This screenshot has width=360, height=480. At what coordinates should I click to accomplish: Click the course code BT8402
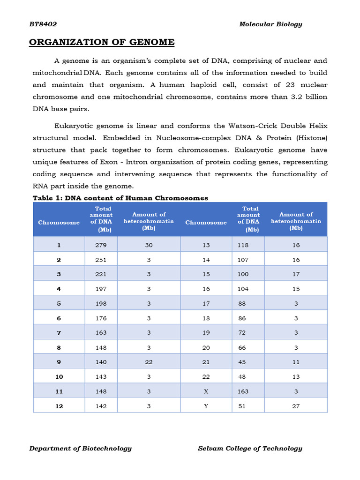(x=43, y=24)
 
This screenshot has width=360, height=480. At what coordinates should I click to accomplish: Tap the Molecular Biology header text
(x=270, y=24)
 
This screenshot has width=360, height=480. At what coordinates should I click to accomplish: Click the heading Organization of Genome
(x=102, y=43)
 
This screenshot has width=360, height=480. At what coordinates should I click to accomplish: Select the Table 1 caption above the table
(x=120, y=198)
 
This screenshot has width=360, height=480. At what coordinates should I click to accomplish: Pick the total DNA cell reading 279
(x=101, y=245)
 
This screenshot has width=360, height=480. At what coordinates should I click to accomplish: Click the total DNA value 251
(x=101, y=260)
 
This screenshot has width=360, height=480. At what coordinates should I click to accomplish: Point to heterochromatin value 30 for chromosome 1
(x=149, y=245)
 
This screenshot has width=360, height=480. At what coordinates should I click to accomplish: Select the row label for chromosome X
(x=206, y=391)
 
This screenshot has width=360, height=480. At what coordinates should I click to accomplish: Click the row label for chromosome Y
(x=206, y=406)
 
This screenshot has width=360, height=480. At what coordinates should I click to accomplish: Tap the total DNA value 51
(x=242, y=406)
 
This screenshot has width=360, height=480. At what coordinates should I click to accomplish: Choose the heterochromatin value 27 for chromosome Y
(x=296, y=406)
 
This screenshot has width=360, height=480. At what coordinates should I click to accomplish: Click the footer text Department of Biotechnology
(x=80, y=449)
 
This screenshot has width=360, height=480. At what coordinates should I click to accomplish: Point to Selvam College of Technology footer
(x=250, y=449)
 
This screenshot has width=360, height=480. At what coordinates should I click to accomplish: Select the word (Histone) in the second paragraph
(x=311, y=138)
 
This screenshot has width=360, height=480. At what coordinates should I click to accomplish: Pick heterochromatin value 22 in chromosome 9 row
(x=149, y=362)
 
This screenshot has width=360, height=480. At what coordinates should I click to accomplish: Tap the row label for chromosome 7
(x=59, y=333)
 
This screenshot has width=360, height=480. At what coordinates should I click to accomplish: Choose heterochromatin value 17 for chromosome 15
(x=296, y=274)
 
